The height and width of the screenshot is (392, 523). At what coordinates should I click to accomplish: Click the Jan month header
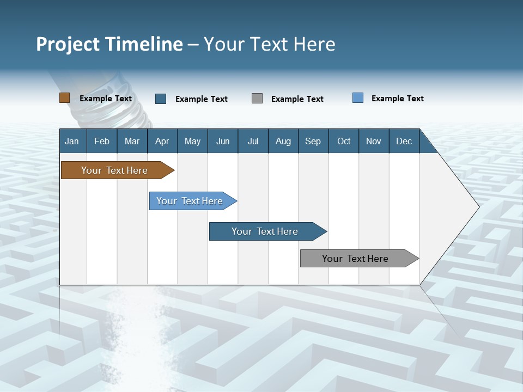click(x=72, y=141)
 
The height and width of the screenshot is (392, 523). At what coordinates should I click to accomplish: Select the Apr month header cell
click(x=162, y=141)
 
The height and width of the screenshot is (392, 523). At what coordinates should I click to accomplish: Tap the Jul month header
click(x=253, y=141)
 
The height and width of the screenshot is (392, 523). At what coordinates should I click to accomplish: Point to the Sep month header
click(x=313, y=141)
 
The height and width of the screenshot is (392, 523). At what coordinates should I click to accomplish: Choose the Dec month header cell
click(x=404, y=141)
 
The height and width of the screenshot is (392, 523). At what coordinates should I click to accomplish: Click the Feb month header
click(x=102, y=141)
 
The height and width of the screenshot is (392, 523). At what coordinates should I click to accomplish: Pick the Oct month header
click(x=344, y=141)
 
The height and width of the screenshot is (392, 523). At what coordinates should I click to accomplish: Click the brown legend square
click(x=65, y=98)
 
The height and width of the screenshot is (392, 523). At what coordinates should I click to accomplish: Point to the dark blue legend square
click(x=161, y=99)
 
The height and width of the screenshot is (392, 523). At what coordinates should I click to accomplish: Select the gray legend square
click(x=257, y=99)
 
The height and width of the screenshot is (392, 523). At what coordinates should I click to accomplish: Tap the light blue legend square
click(x=358, y=98)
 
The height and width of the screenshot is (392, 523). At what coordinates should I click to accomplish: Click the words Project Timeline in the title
click(x=109, y=44)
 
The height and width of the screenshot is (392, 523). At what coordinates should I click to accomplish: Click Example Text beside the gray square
click(x=297, y=99)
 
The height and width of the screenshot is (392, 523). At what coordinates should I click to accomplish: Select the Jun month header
click(x=223, y=141)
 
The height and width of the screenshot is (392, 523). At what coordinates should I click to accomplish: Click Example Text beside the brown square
click(x=106, y=99)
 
